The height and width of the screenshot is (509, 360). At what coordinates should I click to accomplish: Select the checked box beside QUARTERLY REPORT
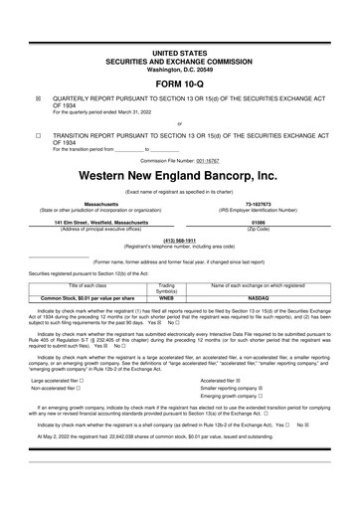[x=38, y=99]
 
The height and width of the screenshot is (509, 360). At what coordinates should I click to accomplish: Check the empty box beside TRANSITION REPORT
[x=38, y=133]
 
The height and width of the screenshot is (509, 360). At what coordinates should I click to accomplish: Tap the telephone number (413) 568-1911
[x=180, y=240]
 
